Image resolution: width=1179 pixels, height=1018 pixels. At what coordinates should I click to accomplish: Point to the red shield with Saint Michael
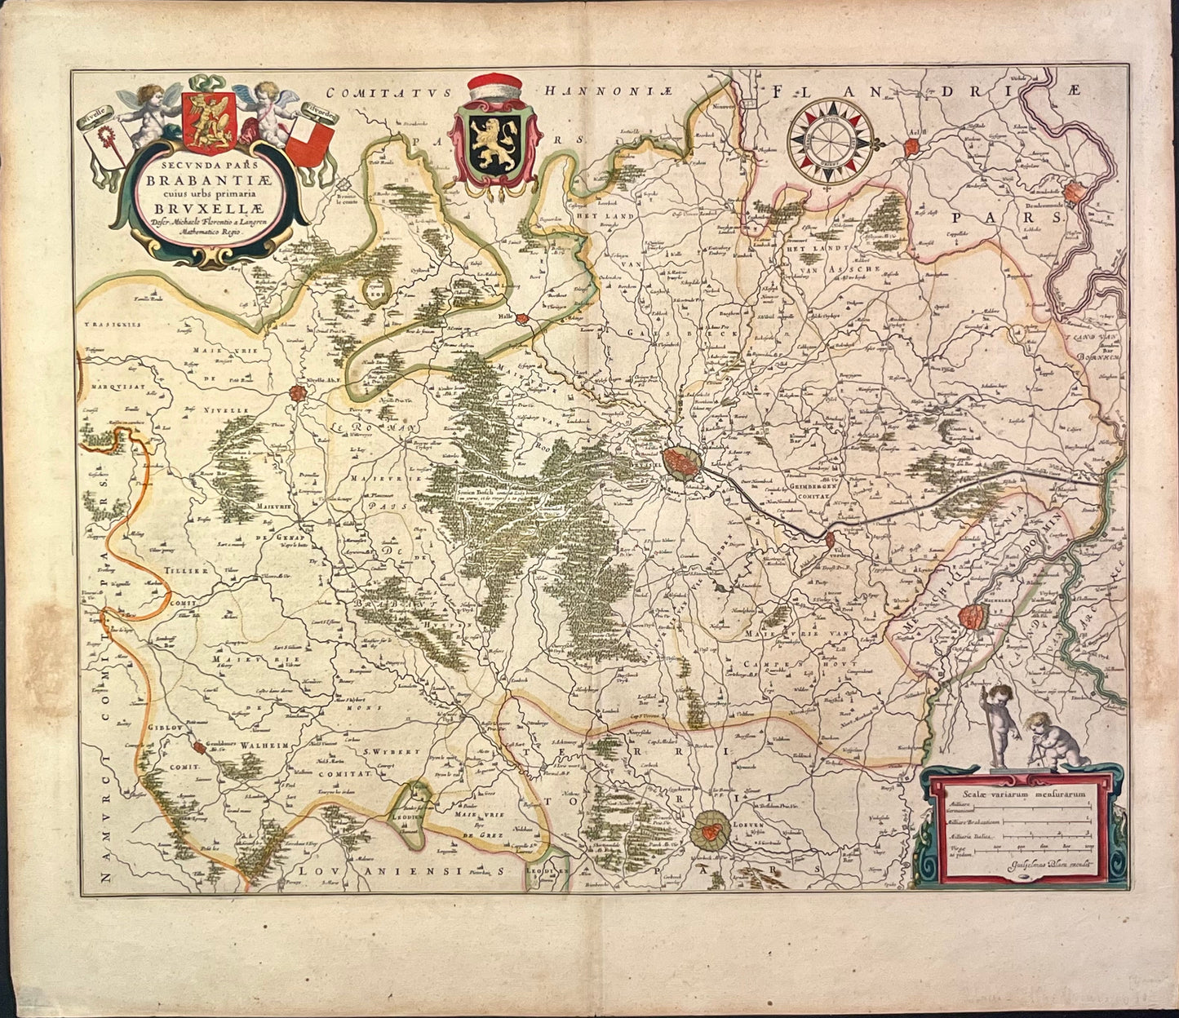pyautogui.click(x=209, y=122)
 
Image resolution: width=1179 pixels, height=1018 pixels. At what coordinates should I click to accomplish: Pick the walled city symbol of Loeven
pyautogui.click(x=711, y=831)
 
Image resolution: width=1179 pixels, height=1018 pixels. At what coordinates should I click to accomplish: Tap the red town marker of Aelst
pyautogui.click(x=911, y=148)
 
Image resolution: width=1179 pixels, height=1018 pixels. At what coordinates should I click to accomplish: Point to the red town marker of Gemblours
pyautogui.click(x=200, y=746)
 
